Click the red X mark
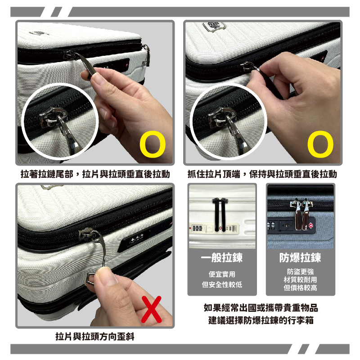(152, 309)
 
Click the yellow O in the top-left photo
(153, 144)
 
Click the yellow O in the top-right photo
(320, 144)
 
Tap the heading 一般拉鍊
(222, 257)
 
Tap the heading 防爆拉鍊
(300, 257)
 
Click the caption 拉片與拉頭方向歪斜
(95, 337)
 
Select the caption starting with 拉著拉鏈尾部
(95, 174)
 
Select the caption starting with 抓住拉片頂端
(262, 174)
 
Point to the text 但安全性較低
(222, 285)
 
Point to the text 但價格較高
(300, 288)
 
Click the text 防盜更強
(300, 272)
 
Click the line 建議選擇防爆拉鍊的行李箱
(261, 320)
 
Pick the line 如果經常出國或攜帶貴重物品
(261, 308)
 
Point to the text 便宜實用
(222, 274)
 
